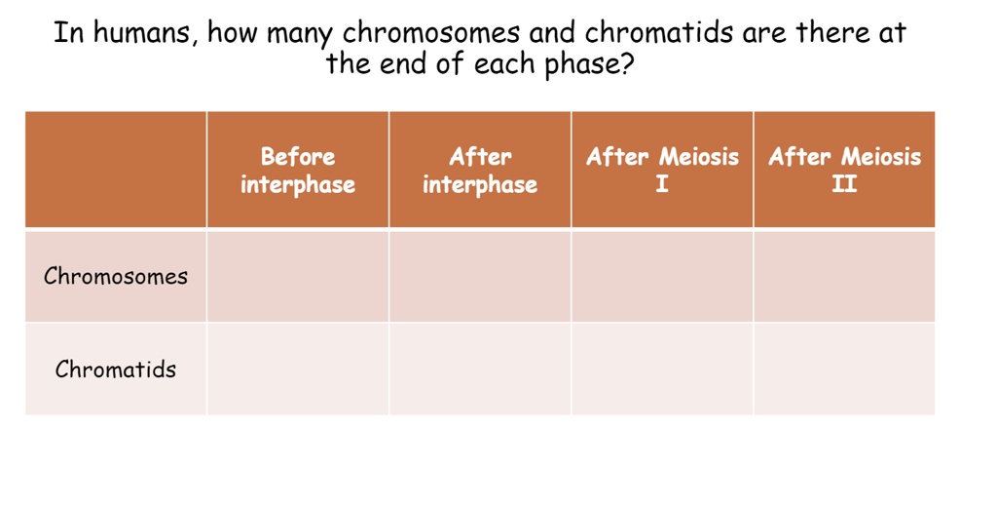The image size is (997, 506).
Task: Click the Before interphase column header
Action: pyautogui.click(x=298, y=171)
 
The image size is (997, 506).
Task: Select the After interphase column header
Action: pyautogui.click(x=480, y=171)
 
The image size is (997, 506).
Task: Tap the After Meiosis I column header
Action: pyautogui.click(x=662, y=171)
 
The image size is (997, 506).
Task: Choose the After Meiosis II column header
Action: pyautogui.click(x=844, y=171)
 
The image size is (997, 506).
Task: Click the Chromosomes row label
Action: pyautogui.click(x=116, y=276)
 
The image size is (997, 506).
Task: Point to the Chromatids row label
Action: pyautogui.click(x=116, y=370)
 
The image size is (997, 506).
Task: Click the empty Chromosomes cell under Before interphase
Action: pyautogui.click(x=298, y=276)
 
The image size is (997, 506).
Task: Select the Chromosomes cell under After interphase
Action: pyautogui.click(x=480, y=276)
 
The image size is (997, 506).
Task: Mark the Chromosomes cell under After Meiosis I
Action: pyautogui.click(x=662, y=276)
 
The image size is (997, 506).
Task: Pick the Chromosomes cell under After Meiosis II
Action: pyautogui.click(x=844, y=276)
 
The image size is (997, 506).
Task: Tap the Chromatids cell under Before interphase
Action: pyautogui.click(x=298, y=370)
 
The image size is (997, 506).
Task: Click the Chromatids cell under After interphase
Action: pyautogui.click(x=480, y=370)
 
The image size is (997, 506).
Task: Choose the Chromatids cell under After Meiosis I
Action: pyautogui.click(x=662, y=370)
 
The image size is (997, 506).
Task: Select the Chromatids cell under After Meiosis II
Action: pyautogui.click(x=844, y=370)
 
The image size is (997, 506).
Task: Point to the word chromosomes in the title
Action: pyautogui.click(x=432, y=34)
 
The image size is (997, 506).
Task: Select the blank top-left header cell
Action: pyautogui.click(x=116, y=171)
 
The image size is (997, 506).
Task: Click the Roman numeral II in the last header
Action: pyautogui.click(x=844, y=185)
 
